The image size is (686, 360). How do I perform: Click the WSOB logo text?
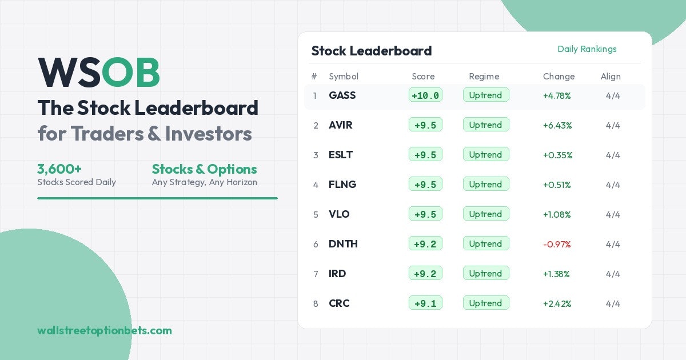click(x=98, y=73)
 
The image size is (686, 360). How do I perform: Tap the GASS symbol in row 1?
click(x=342, y=95)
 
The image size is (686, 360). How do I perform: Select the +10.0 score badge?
click(x=425, y=95)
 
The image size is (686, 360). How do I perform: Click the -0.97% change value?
click(x=557, y=244)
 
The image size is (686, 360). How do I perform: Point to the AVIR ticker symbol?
click(x=340, y=125)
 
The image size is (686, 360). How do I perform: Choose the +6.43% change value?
click(x=557, y=125)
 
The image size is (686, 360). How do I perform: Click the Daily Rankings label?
click(x=587, y=49)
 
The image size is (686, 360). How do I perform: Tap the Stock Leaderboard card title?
click(x=371, y=51)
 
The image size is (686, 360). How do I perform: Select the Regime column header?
click(x=484, y=77)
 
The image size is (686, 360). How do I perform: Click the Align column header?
click(x=610, y=77)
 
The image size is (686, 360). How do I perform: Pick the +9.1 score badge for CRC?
click(x=425, y=303)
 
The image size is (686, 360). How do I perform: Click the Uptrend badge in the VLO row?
click(x=485, y=214)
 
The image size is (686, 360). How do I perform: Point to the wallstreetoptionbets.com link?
click(x=104, y=330)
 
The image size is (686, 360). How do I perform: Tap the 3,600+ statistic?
click(x=59, y=169)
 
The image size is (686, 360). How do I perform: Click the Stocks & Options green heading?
click(x=204, y=169)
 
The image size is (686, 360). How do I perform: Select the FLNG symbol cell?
click(x=342, y=185)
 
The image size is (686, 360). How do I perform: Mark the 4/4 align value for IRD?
click(x=613, y=274)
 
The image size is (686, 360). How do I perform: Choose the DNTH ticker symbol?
click(x=343, y=244)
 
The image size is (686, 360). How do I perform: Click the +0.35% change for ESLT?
click(x=557, y=155)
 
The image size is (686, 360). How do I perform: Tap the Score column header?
click(x=423, y=77)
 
